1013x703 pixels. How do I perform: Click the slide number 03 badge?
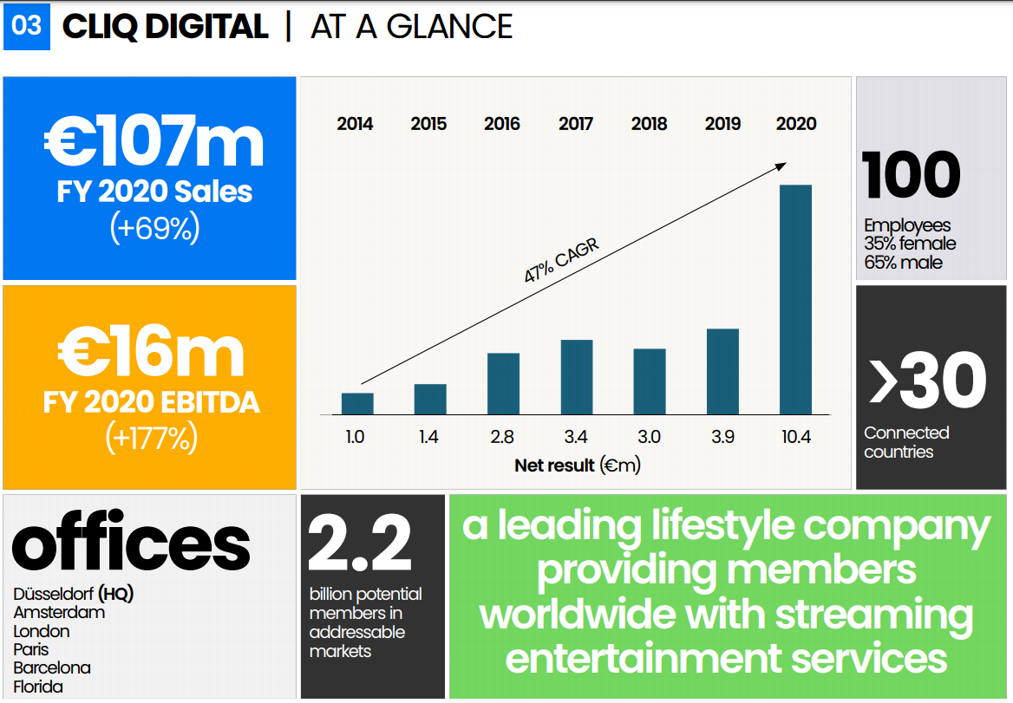click(x=27, y=26)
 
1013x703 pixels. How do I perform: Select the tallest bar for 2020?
click(x=795, y=299)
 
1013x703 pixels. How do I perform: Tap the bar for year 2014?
click(x=357, y=404)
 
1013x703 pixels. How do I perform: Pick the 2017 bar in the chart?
click(x=576, y=377)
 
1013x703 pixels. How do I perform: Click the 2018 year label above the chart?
click(x=650, y=124)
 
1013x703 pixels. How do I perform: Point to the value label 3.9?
click(x=722, y=437)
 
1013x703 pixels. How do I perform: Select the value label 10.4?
click(x=795, y=437)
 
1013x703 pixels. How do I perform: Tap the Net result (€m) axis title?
click(x=577, y=465)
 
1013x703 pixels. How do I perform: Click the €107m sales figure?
click(x=154, y=143)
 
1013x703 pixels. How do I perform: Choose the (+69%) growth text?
click(x=154, y=228)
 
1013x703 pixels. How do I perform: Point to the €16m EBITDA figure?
click(x=152, y=352)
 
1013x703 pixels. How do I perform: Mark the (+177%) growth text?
click(x=152, y=438)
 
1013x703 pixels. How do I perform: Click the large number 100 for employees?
click(x=912, y=175)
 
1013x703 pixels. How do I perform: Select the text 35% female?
click(x=910, y=244)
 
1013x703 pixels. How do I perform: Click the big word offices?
click(x=131, y=544)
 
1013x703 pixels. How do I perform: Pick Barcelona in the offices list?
click(x=52, y=668)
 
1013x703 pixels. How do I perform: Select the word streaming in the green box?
click(x=874, y=615)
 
